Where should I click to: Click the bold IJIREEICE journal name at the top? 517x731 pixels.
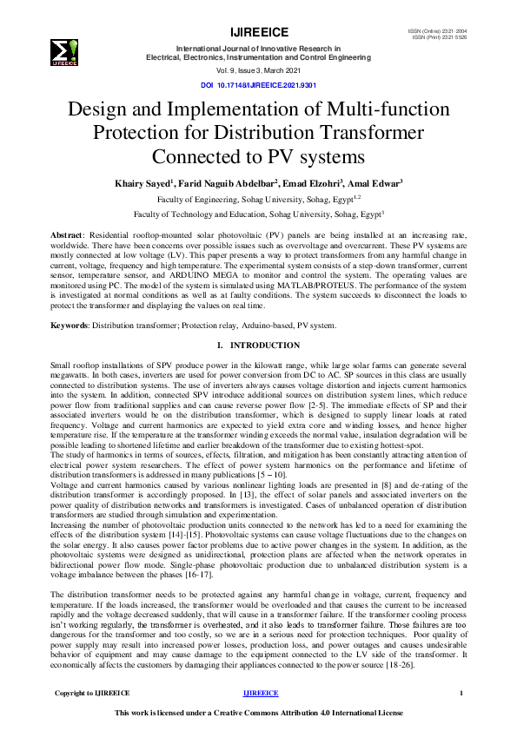point(258,31)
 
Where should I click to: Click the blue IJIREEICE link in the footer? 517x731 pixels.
point(261,693)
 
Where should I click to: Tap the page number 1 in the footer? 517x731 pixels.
point(461,693)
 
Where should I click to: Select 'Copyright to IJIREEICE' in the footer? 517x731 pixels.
point(92,693)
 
